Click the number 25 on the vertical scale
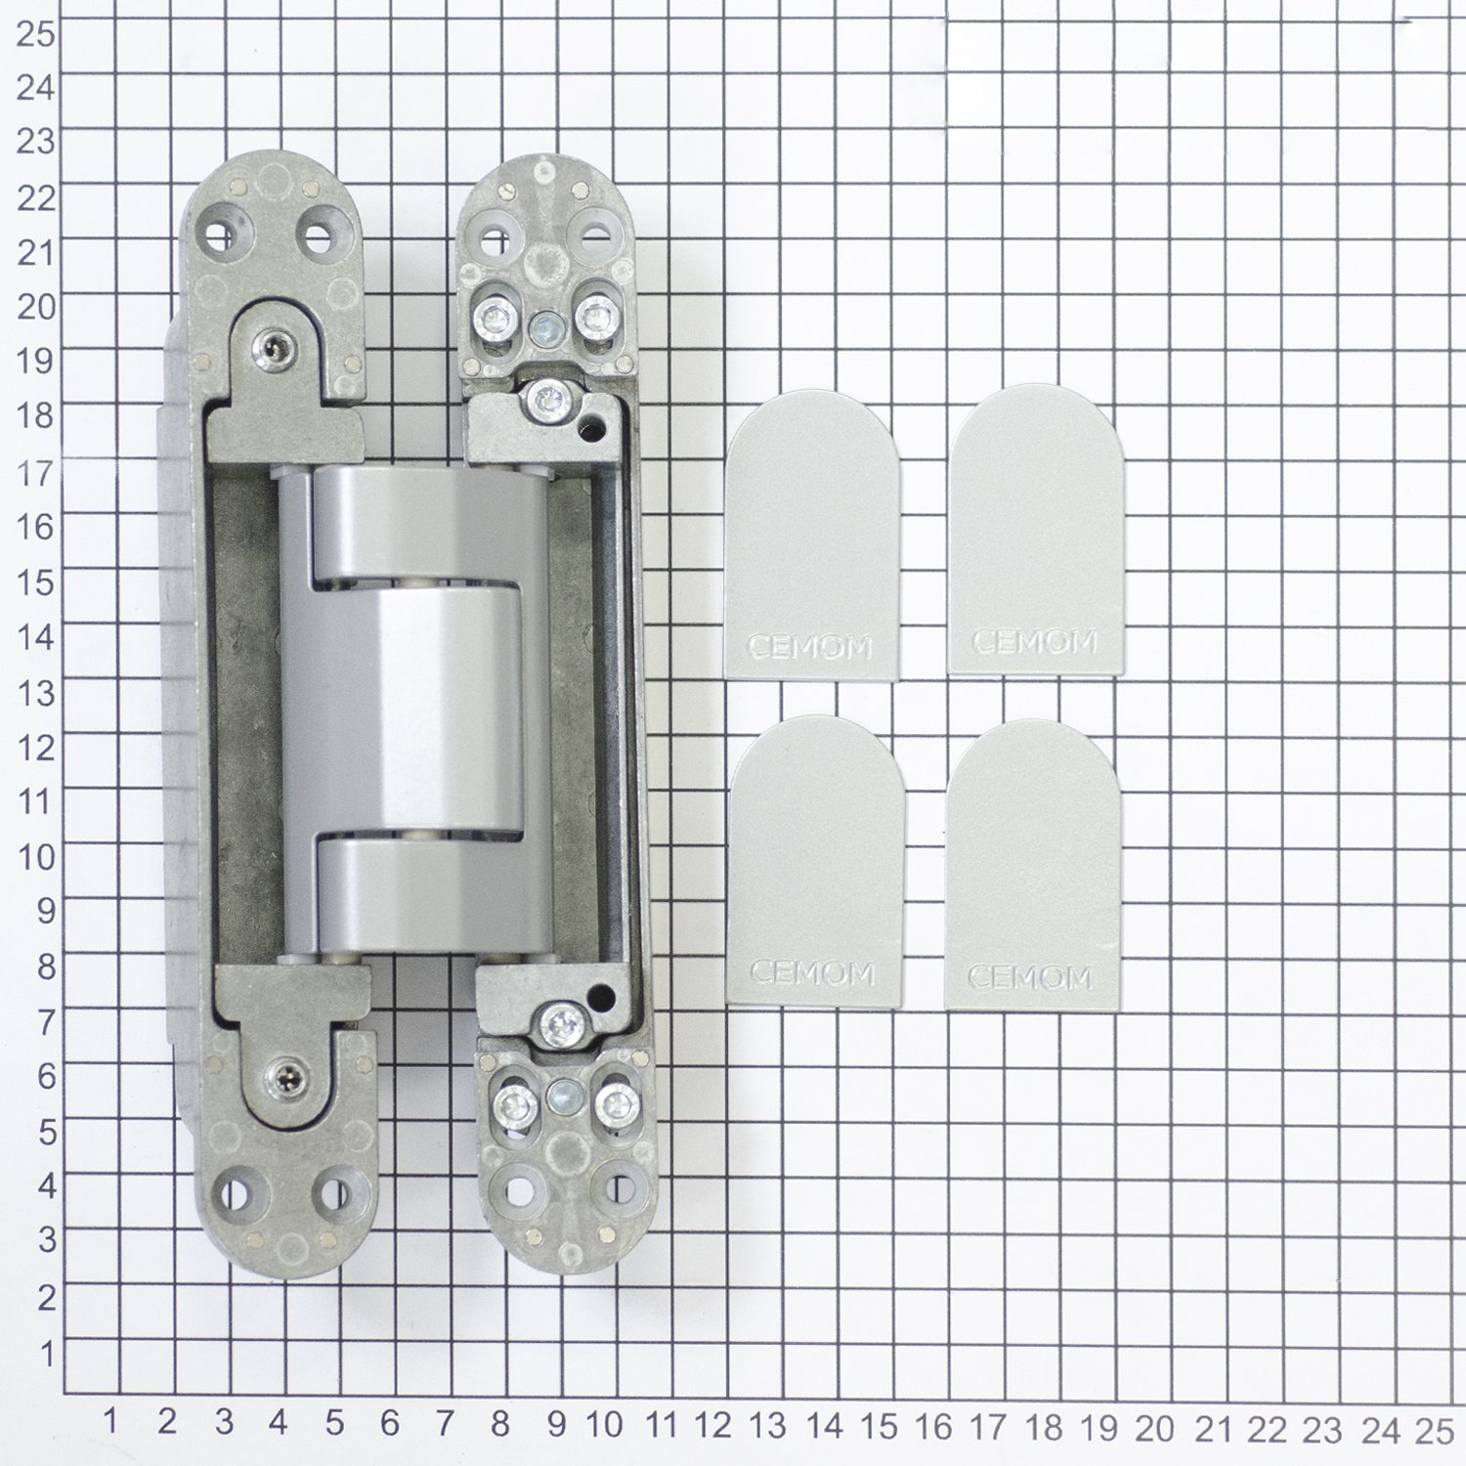click(x=35, y=33)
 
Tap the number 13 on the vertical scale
click(x=35, y=693)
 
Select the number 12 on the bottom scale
click(x=714, y=1427)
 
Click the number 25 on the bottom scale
click(x=1434, y=1431)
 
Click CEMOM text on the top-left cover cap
click(x=809, y=646)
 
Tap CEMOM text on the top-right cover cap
click(x=1035, y=642)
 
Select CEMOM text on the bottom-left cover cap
click(x=811, y=972)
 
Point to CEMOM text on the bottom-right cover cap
click(x=1030, y=976)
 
